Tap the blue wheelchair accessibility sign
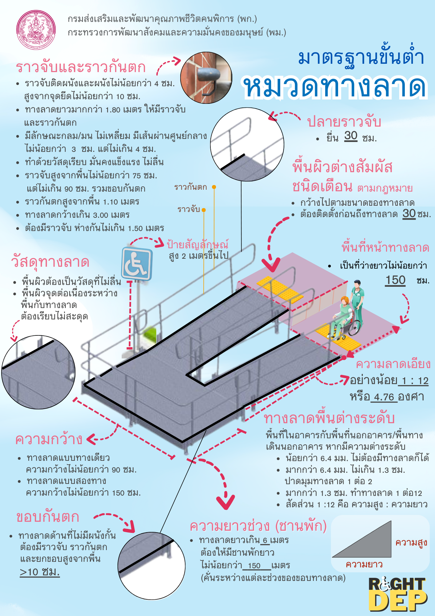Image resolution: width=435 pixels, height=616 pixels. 137,264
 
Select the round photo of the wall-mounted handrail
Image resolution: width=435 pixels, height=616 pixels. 206,78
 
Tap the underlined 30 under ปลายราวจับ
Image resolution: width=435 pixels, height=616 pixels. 351,136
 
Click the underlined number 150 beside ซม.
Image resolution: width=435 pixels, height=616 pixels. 395,280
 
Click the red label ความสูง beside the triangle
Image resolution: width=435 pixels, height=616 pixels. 411,543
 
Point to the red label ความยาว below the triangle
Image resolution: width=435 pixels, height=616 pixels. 364,564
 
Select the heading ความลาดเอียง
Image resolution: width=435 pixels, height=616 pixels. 393,364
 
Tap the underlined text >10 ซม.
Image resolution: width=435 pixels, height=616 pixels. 40,572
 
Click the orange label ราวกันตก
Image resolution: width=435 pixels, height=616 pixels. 191,187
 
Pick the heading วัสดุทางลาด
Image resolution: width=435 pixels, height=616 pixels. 50,262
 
